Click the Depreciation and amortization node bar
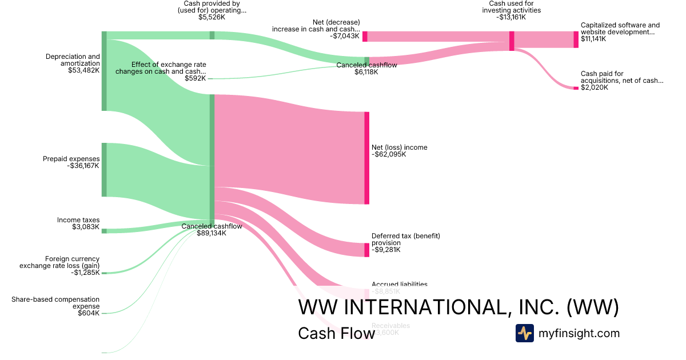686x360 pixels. tap(104, 71)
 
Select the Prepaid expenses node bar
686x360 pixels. tap(104, 170)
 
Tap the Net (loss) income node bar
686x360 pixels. tap(366, 158)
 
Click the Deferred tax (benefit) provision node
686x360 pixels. tap(366, 250)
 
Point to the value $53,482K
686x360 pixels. tap(83, 70)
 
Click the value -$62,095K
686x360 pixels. tap(389, 155)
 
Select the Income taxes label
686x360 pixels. tap(78, 220)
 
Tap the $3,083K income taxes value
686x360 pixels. tap(86, 227)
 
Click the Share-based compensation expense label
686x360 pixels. tap(55, 303)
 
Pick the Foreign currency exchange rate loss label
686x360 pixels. tap(59, 262)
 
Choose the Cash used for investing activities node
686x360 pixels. tap(512, 41)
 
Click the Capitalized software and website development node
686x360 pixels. tap(576, 39)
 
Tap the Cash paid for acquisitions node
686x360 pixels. tap(576, 88)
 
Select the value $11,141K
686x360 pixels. tap(593, 39)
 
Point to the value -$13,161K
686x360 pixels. tap(511, 17)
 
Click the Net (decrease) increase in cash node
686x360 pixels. tap(365, 37)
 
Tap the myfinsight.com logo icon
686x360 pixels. tap(524, 333)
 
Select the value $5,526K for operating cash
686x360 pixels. tap(212, 17)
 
